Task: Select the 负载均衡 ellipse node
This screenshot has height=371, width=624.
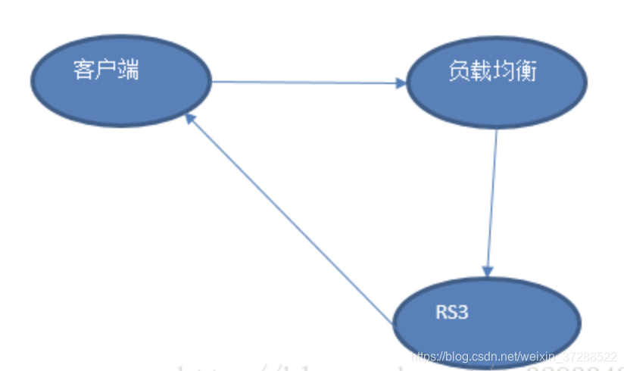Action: click(496, 83)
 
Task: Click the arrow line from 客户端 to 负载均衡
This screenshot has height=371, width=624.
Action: click(303, 83)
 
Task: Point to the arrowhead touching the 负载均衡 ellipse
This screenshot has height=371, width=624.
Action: click(401, 83)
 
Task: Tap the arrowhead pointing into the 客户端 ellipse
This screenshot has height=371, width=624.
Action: click(190, 119)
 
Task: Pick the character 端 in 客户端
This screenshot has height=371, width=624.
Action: click(129, 70)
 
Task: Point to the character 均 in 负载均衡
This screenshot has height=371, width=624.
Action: click(503, 71)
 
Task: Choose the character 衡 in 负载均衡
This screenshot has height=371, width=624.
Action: click(526, 71)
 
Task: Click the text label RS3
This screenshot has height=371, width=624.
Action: click(451, 312)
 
